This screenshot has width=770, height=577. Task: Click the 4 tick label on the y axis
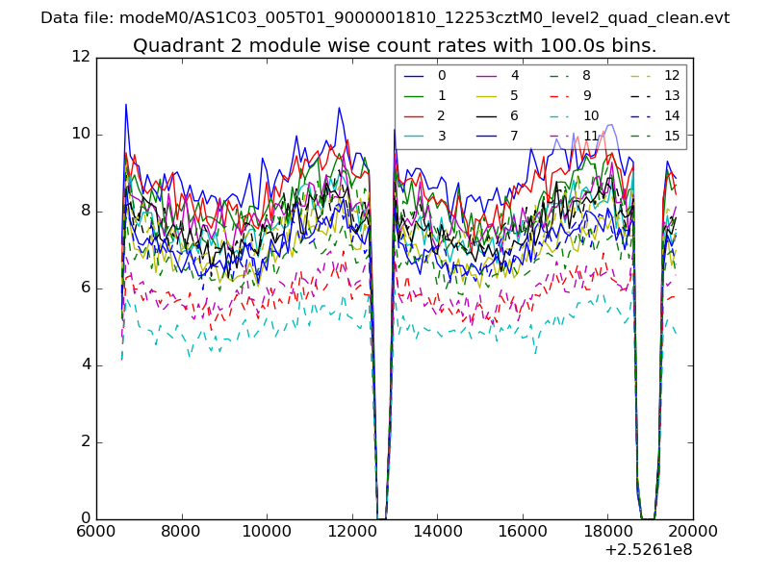tap(85, 365)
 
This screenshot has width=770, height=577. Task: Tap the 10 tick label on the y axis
tap(80, 135)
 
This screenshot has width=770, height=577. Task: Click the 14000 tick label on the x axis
tap(437, 530)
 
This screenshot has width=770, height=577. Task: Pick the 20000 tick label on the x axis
tap(693, 530)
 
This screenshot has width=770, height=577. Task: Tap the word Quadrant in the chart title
tap(171, 45)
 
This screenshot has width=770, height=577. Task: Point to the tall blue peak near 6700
tap(125, 105)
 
